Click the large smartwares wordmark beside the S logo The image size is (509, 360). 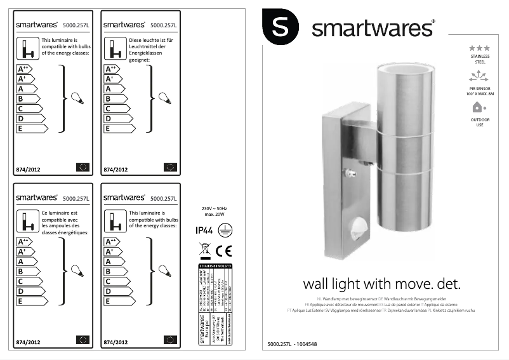(x=373, y=29)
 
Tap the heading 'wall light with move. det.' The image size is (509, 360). (x=381, y=283)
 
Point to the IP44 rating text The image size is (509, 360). (x=205, y=231)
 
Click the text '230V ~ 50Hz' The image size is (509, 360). (x=214, y=208)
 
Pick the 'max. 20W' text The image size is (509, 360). (x=214, y=215)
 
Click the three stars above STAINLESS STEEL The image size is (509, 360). (x=479, y=48)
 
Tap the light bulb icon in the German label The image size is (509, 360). (x=164, y=98)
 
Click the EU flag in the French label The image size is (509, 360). (x=83, y=339)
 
